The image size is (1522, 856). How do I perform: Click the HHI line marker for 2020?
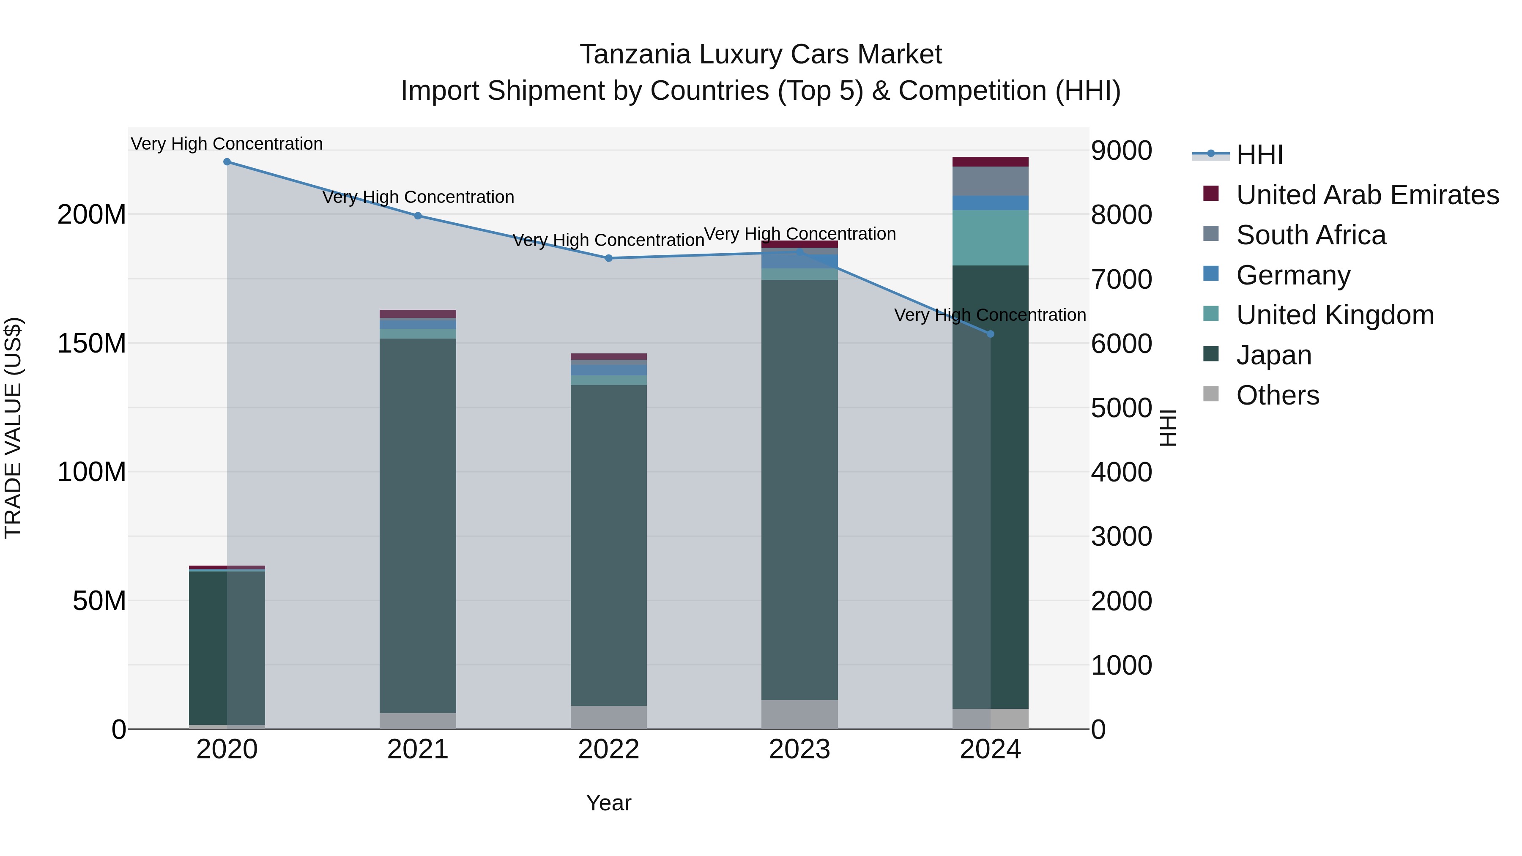coord(227,162)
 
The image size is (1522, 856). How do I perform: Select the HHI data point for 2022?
coord(608,258)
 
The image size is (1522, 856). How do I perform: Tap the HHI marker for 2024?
coord(991,334)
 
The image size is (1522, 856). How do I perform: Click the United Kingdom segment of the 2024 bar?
coord(991,238)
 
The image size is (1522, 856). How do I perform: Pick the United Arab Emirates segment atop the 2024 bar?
coord(991,162)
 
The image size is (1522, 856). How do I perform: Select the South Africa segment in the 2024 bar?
coord(991,181)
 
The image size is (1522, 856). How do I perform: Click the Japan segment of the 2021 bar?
coord(418,526)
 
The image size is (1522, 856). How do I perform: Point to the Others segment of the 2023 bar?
coord(799,715)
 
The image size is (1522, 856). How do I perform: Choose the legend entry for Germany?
coord(1293,275)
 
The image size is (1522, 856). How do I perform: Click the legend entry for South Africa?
coord(1311,235)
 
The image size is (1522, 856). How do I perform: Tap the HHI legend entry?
coord(1259,155)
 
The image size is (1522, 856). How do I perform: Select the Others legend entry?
coord(1277,395)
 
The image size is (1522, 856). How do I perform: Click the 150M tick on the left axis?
coord(92,343)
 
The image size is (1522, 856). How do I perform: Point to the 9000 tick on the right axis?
coord(1121,150)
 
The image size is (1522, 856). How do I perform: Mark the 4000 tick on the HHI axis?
coord(1121,473)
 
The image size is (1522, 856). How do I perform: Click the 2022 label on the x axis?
coord(608,749)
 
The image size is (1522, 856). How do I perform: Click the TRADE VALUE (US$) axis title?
coord(13,428)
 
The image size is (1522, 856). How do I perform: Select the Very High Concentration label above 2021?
coord(418,197)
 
